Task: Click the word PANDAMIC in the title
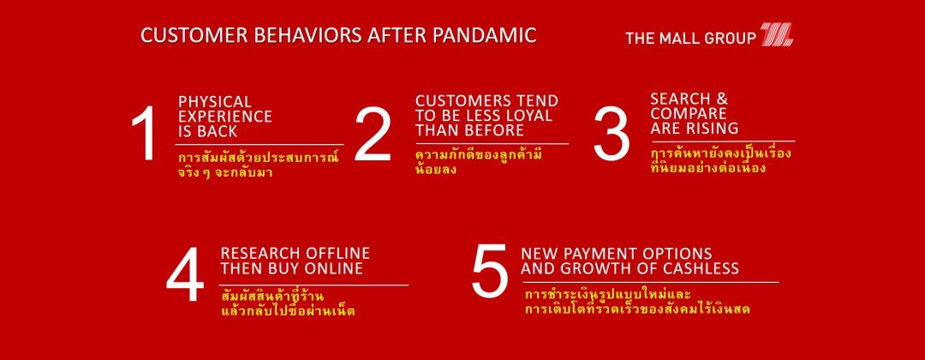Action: [484, 35]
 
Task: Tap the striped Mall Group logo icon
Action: [776, 34]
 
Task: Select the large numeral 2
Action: [373, 135]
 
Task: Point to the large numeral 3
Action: [612, 134]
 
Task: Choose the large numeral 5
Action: [490, 271]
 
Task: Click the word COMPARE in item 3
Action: [680, 113]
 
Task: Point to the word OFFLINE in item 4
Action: [337, 253]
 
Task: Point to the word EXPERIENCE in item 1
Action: [225, 117]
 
